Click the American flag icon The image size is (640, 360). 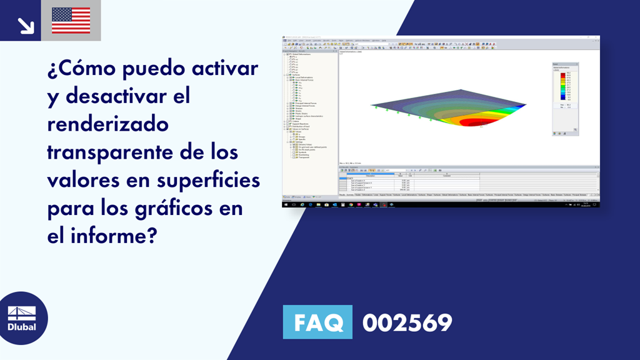(x=71, y=21)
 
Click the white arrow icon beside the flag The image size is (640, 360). (x=26, y=25)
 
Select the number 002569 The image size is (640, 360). (x=407, y=323)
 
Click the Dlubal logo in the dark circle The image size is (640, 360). (x=22, y=318)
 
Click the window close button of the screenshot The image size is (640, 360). (x=597, y=38)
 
